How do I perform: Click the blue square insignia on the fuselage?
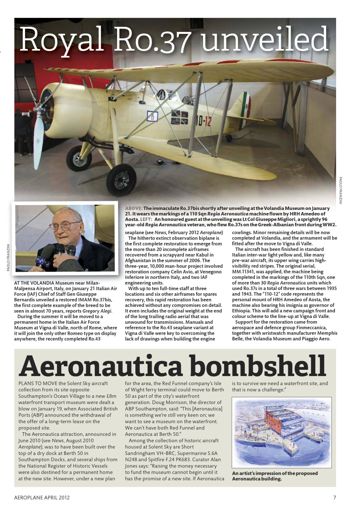pos(153,116)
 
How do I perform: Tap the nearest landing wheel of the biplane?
pos(121,180)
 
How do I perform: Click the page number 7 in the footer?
pos(335,497)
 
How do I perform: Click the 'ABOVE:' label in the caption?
pos(134,208)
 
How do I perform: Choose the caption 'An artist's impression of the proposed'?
pos(275,473)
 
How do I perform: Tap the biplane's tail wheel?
pos(229,138)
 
